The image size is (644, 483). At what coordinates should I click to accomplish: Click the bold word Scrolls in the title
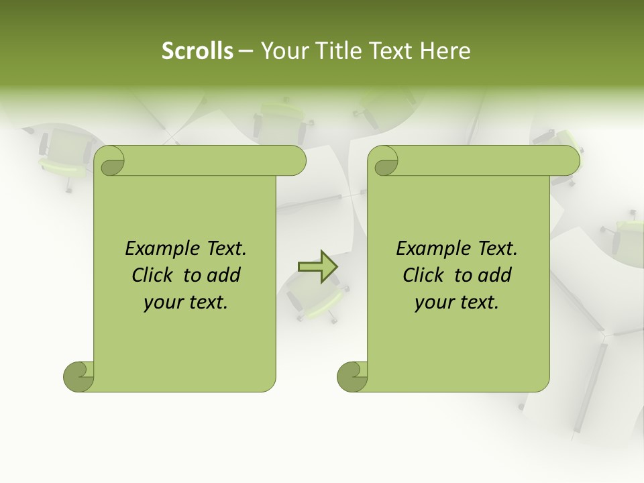pos(197,51)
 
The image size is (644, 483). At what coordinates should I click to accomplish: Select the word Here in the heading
pos(445,51)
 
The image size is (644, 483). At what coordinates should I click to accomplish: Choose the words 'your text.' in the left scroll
pos(186,302)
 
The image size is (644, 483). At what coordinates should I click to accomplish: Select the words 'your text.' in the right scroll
pos(457,302)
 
